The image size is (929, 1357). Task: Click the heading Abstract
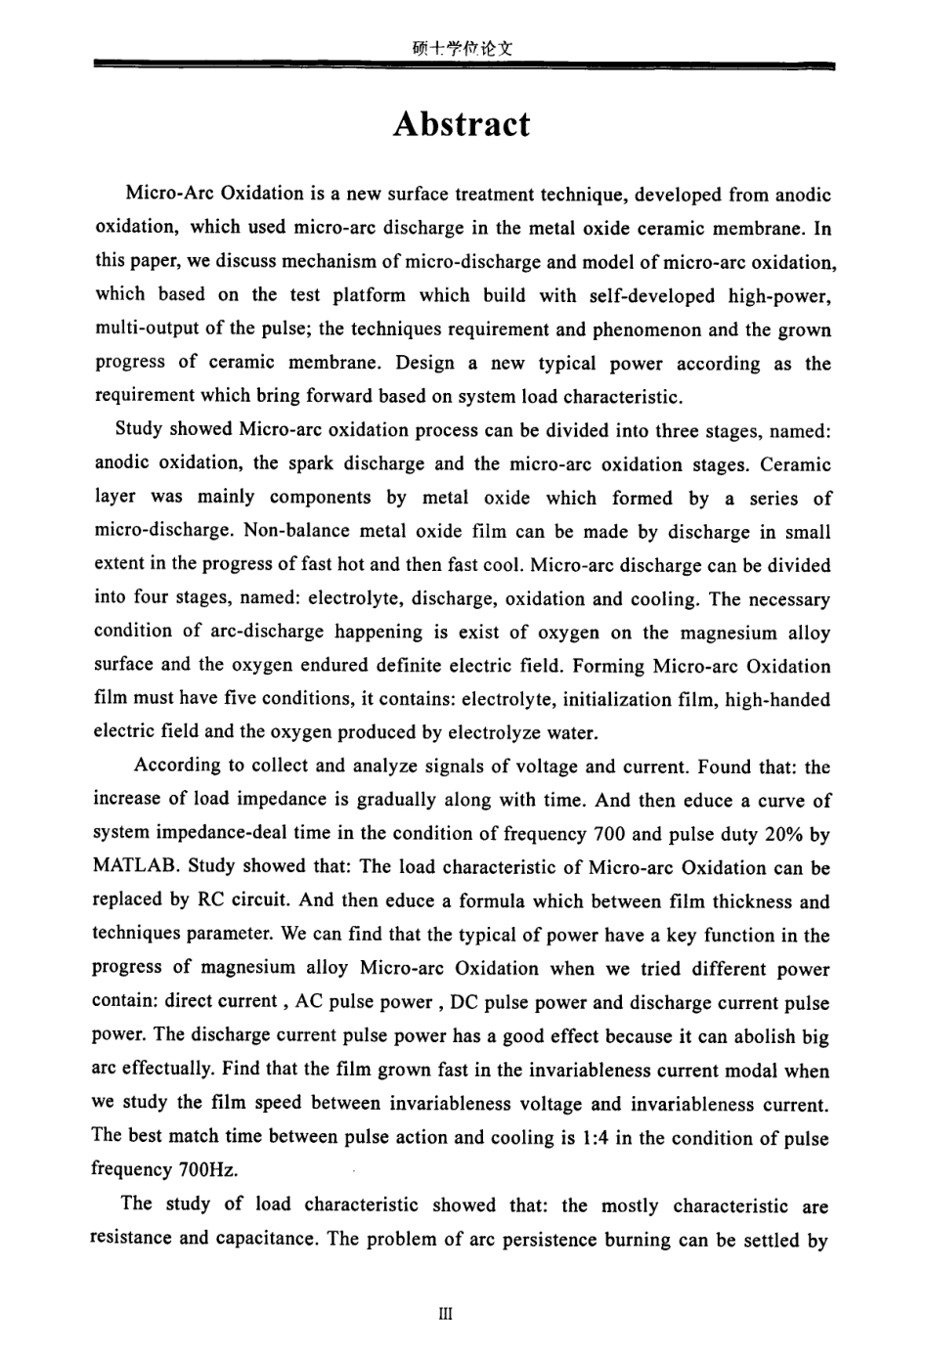pyautogui.click(x=461, y=124)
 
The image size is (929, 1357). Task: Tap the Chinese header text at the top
pyautogui.click(x=463, y=46)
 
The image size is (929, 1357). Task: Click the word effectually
pyautogui.click(x=189, y=1070)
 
